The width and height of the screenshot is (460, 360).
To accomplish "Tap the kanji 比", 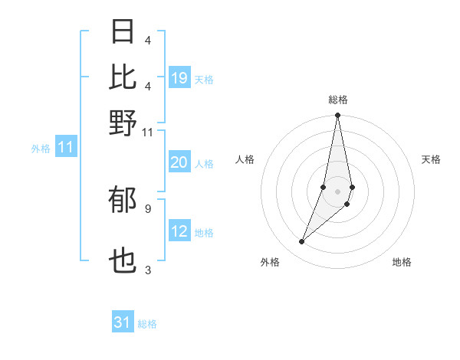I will (x=123, y=77).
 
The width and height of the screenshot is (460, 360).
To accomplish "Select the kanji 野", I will (x=123, y=123).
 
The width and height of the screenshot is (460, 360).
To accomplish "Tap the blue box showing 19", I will (x=179, y=77).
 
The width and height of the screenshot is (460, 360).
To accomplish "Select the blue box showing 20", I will (x=179, y=162).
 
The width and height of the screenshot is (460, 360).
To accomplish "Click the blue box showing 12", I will (x=179, y=232).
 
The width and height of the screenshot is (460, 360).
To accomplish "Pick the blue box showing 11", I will (x=65, y=147).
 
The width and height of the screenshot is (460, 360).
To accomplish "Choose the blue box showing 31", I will (x=123, y=322).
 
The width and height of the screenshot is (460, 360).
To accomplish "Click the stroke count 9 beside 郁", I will (x=148, y=208).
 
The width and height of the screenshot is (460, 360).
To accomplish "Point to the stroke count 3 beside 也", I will (x=148, y=270).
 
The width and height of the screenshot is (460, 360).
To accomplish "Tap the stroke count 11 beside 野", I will (x=148, y=132).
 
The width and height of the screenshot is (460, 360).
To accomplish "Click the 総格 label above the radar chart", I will (x=337, y=100).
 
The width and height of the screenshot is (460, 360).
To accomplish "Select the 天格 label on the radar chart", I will (x=431, y=159).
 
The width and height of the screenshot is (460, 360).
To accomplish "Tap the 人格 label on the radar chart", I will (x=245, y=159).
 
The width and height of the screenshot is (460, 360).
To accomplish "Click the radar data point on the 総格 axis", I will (x=337, y=116).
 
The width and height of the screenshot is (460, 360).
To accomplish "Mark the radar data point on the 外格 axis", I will (x=302, y=242).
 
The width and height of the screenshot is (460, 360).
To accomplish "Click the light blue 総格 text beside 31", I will (x=147, y=324).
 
